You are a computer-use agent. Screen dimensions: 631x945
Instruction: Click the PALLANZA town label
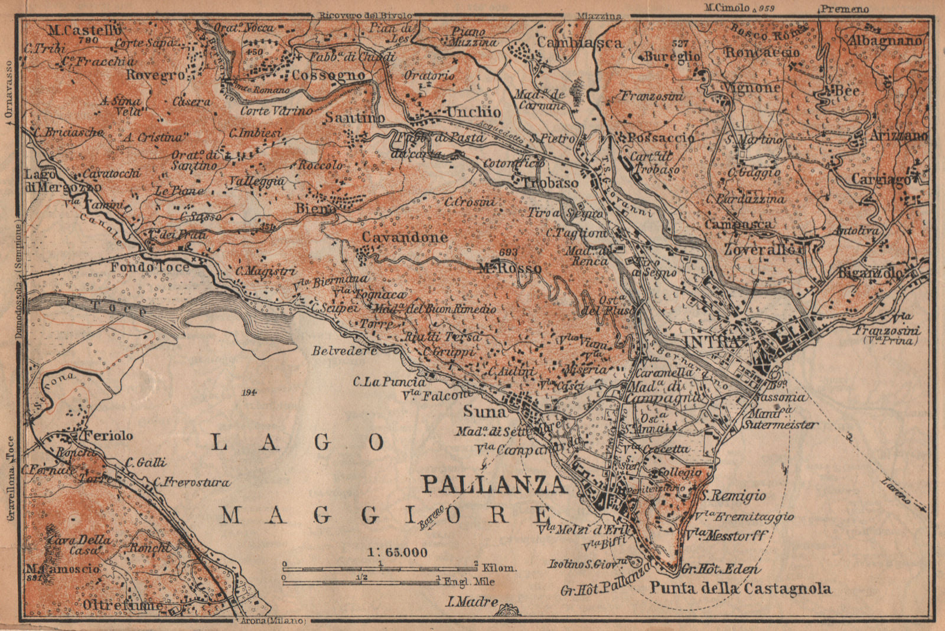click(493, 485)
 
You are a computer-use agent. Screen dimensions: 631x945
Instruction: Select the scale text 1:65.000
click(397, 552)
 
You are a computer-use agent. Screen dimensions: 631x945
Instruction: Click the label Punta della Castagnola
click(741, 588)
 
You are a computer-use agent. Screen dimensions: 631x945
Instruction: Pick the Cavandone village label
click(405, 237)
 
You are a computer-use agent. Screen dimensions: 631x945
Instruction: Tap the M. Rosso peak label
click(509, 269)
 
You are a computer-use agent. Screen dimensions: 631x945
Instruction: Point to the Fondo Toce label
click(150, 267)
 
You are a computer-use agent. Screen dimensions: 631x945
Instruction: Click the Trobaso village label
click(549, 183)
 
